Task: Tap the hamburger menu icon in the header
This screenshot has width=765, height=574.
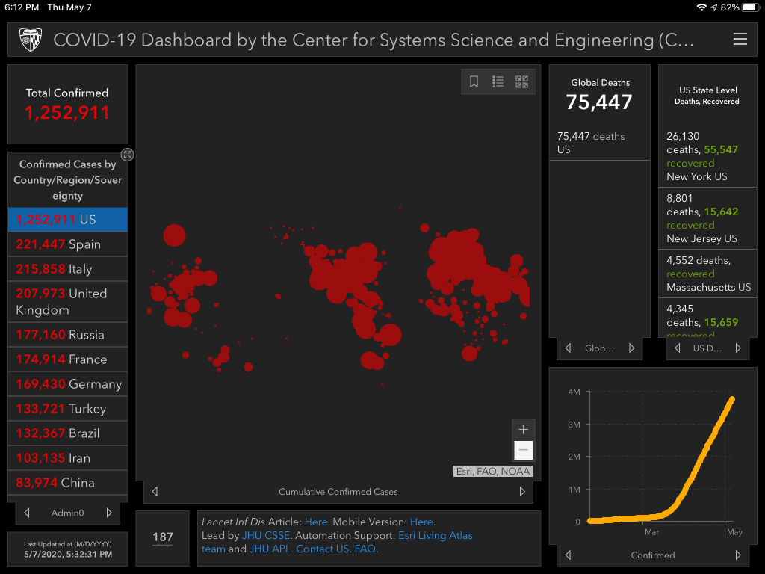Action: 740,40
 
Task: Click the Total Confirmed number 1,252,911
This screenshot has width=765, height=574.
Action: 67,113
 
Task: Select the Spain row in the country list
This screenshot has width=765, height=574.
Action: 67,244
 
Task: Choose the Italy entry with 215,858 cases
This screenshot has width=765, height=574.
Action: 67,269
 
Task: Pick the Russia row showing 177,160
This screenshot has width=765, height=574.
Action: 67,335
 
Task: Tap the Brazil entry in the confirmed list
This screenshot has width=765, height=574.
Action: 67,433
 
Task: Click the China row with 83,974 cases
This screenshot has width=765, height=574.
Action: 67,483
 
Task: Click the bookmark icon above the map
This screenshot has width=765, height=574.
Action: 474,82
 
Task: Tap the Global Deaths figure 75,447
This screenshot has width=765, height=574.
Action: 599,102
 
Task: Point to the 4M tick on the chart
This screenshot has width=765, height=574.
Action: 574,392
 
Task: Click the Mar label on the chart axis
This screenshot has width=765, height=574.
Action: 652,532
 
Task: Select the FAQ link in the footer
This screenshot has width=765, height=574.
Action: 365,549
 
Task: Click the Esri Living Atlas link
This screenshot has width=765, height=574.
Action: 435,535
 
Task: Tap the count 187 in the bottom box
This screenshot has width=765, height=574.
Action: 163,537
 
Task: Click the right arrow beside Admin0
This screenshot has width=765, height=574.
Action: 109,513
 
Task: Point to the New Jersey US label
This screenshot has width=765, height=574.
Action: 701,238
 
